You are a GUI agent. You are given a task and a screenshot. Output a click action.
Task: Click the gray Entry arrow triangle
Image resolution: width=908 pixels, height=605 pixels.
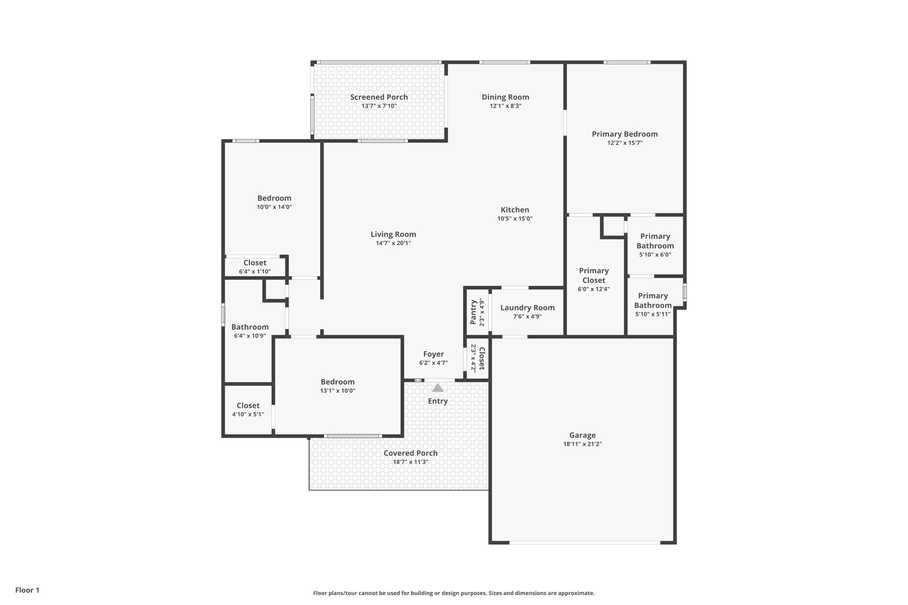(438, 388)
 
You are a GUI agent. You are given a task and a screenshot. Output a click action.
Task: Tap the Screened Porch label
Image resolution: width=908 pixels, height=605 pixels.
(379, 97)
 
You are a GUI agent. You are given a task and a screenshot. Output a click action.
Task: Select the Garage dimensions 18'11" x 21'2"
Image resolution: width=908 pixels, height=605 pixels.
(582, 444)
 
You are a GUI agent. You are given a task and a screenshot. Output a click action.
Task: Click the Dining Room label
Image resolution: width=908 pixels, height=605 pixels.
(505, 97)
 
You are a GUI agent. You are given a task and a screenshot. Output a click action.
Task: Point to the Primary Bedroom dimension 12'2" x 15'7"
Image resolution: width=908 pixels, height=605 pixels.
(625, 143)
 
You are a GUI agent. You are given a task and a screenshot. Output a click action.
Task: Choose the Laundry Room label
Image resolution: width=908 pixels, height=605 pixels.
(527, 308)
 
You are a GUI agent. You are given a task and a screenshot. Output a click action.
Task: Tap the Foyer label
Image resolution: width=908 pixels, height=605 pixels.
(433, 354)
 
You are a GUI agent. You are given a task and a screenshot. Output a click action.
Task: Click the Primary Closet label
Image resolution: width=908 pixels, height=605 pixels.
(594, 275)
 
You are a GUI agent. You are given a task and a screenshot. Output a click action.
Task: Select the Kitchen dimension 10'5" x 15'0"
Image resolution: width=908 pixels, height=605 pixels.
(515, 219)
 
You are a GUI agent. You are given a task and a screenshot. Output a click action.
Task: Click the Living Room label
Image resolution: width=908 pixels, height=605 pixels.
(393, 234)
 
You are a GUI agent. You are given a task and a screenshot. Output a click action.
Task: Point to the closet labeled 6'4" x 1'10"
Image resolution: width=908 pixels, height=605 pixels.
(254, 267)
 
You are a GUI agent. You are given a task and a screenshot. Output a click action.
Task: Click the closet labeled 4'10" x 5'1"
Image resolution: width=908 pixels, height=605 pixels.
(248, 410)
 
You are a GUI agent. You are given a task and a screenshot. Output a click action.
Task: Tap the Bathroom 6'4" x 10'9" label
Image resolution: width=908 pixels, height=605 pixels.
(250, 331)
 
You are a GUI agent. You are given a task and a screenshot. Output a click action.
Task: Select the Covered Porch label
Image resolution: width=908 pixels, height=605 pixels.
(410, 453)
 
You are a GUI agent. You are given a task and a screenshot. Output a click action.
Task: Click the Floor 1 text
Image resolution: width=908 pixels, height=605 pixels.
(27, 590)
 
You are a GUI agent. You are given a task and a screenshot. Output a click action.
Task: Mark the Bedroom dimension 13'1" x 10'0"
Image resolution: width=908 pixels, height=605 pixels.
(337, 391)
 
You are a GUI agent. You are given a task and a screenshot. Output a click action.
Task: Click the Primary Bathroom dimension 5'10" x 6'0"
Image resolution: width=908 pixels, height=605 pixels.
(655, 255)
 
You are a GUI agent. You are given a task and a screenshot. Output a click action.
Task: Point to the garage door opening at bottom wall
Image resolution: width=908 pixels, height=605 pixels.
(584, 543)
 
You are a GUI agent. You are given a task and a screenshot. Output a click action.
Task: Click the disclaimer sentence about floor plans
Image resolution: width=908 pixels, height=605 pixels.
(454, 593)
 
